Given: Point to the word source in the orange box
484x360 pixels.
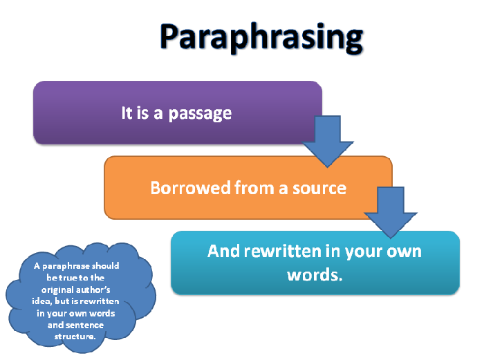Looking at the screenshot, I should coord(319,187).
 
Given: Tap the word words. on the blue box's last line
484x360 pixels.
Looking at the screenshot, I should coord(315,274).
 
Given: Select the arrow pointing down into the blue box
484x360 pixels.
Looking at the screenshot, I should coord(389,211).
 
